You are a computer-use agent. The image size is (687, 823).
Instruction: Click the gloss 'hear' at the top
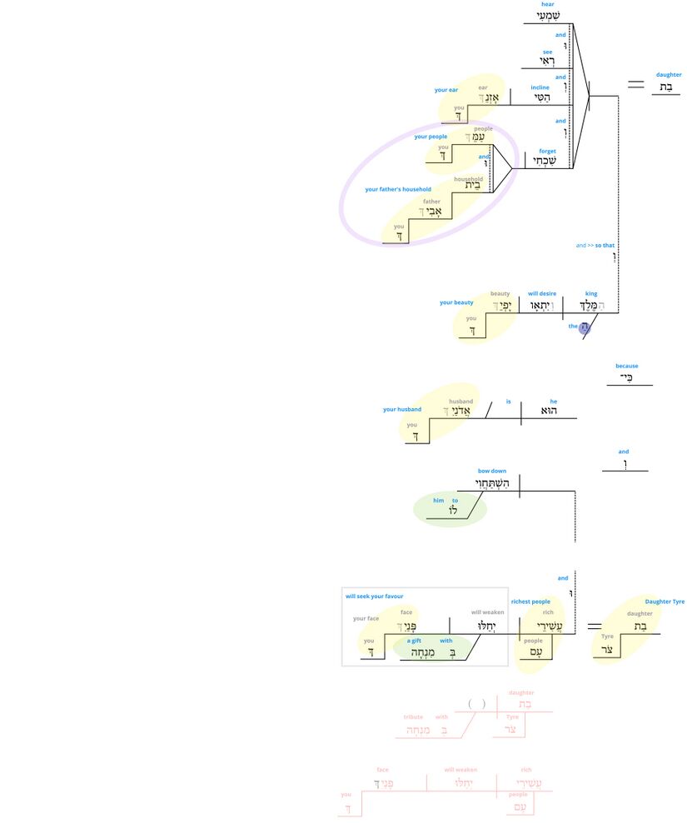point(547,4)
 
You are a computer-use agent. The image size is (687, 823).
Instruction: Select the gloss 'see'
point(547,52)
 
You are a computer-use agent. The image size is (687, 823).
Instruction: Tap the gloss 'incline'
point(540,87)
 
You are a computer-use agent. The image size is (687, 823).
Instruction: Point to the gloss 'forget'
point(547,152)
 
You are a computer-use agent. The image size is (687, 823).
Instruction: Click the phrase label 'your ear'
point(446,90)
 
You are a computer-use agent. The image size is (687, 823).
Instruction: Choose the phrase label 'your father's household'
point(398,189)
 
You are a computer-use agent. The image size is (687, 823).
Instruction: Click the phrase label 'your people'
point(431,137)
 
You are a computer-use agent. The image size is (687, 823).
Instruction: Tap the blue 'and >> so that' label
point(595,246)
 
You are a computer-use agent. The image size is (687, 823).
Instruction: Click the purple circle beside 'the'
point(585,327)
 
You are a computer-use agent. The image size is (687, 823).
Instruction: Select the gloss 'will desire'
point(542,293)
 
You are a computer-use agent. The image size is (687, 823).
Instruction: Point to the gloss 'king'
point(591,293)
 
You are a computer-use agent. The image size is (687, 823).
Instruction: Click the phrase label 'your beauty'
point(456,302)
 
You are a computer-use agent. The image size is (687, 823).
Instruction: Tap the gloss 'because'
point(627,366)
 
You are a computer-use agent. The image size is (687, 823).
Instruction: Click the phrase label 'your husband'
point(402,410)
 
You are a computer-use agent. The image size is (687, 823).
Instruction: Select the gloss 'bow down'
point(491,471)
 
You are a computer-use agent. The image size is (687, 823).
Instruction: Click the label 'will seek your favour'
point(374,596)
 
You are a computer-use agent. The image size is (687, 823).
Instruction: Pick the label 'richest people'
point(530,601)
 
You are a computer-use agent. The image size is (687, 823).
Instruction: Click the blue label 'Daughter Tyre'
point(665,601)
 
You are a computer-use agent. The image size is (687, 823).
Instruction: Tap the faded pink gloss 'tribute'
point(413,716)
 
